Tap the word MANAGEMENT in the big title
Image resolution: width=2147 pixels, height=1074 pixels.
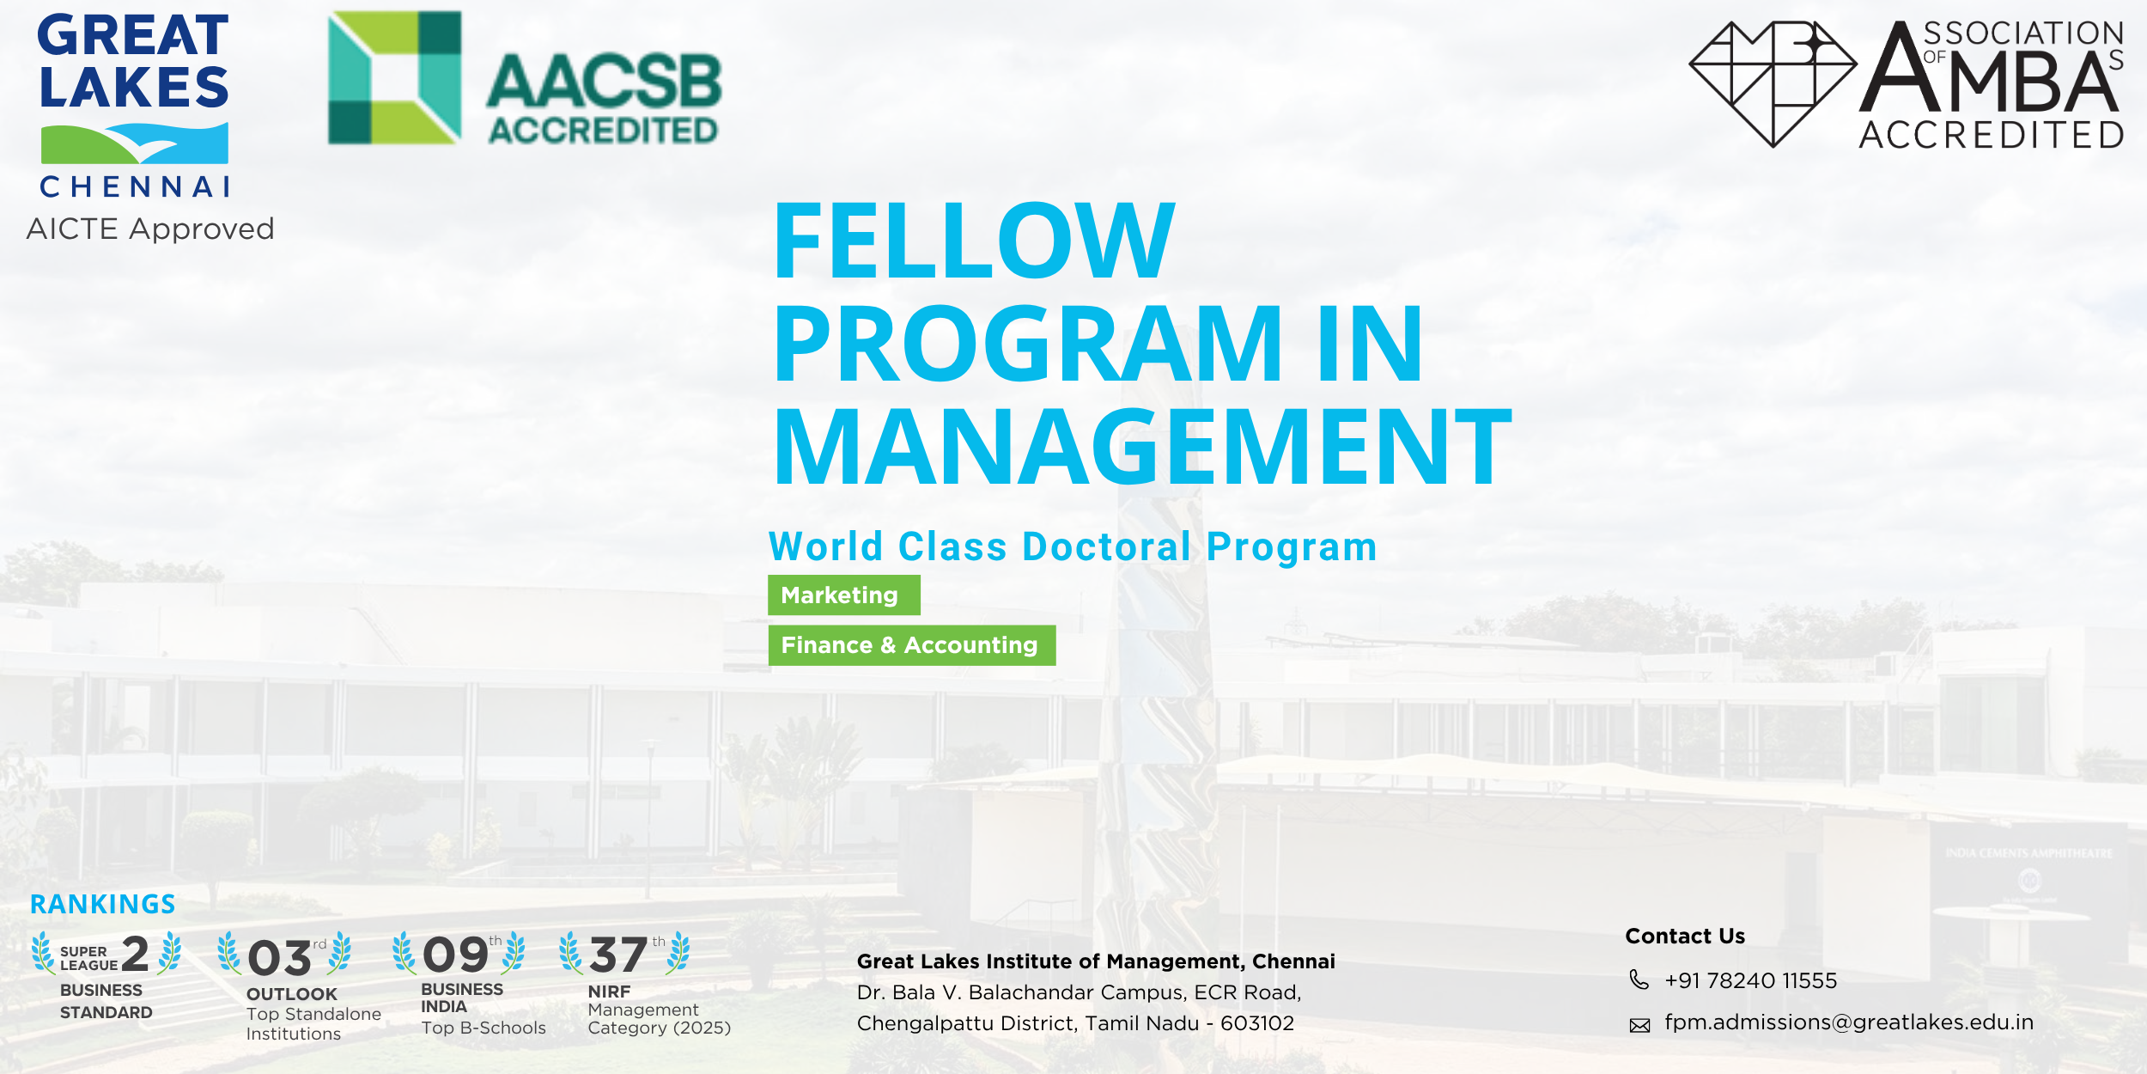(1142, 448)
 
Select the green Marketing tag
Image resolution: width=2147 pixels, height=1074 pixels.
(843, 595)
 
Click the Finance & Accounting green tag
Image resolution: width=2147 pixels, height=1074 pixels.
(911, 645)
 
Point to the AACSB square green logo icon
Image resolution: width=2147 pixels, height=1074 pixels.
(395, 77)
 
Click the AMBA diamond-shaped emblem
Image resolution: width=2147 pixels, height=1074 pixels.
(1773, 83)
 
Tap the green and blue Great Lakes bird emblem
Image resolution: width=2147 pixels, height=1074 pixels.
(135, 143)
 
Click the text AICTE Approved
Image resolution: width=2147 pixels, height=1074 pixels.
(150, 229)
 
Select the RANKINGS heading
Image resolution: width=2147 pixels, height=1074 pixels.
(103, 905)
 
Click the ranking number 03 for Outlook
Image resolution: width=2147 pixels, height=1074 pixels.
(279, 958)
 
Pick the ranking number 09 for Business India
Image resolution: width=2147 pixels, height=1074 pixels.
(455, 955)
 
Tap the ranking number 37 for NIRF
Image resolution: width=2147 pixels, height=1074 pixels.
(618, 955)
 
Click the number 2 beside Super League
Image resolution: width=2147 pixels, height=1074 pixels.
(136, 954)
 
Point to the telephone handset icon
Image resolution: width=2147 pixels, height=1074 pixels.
(1639, 979)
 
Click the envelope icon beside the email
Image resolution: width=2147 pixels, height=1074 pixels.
(1639, 1025)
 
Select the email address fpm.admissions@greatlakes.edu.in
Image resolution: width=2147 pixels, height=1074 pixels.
(1848, 1022)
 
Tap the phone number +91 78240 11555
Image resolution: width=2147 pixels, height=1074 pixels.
(1750, 980)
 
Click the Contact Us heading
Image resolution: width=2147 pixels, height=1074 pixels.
(1685, 936)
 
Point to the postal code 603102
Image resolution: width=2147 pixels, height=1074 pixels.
(1256, 1023)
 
